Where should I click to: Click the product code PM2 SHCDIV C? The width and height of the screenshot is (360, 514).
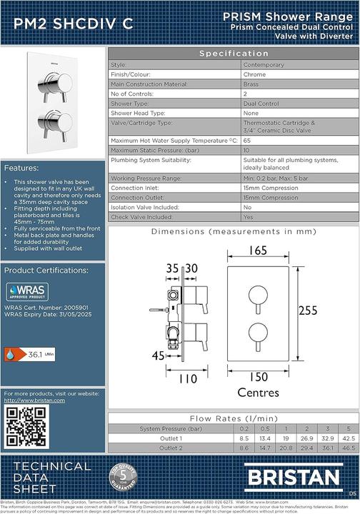tap(68, 24)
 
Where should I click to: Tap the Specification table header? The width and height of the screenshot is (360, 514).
tap(234, 54)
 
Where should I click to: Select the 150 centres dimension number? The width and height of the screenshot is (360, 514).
tap(258, 376)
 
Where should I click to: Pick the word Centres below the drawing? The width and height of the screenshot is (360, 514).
tap(258, 392)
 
